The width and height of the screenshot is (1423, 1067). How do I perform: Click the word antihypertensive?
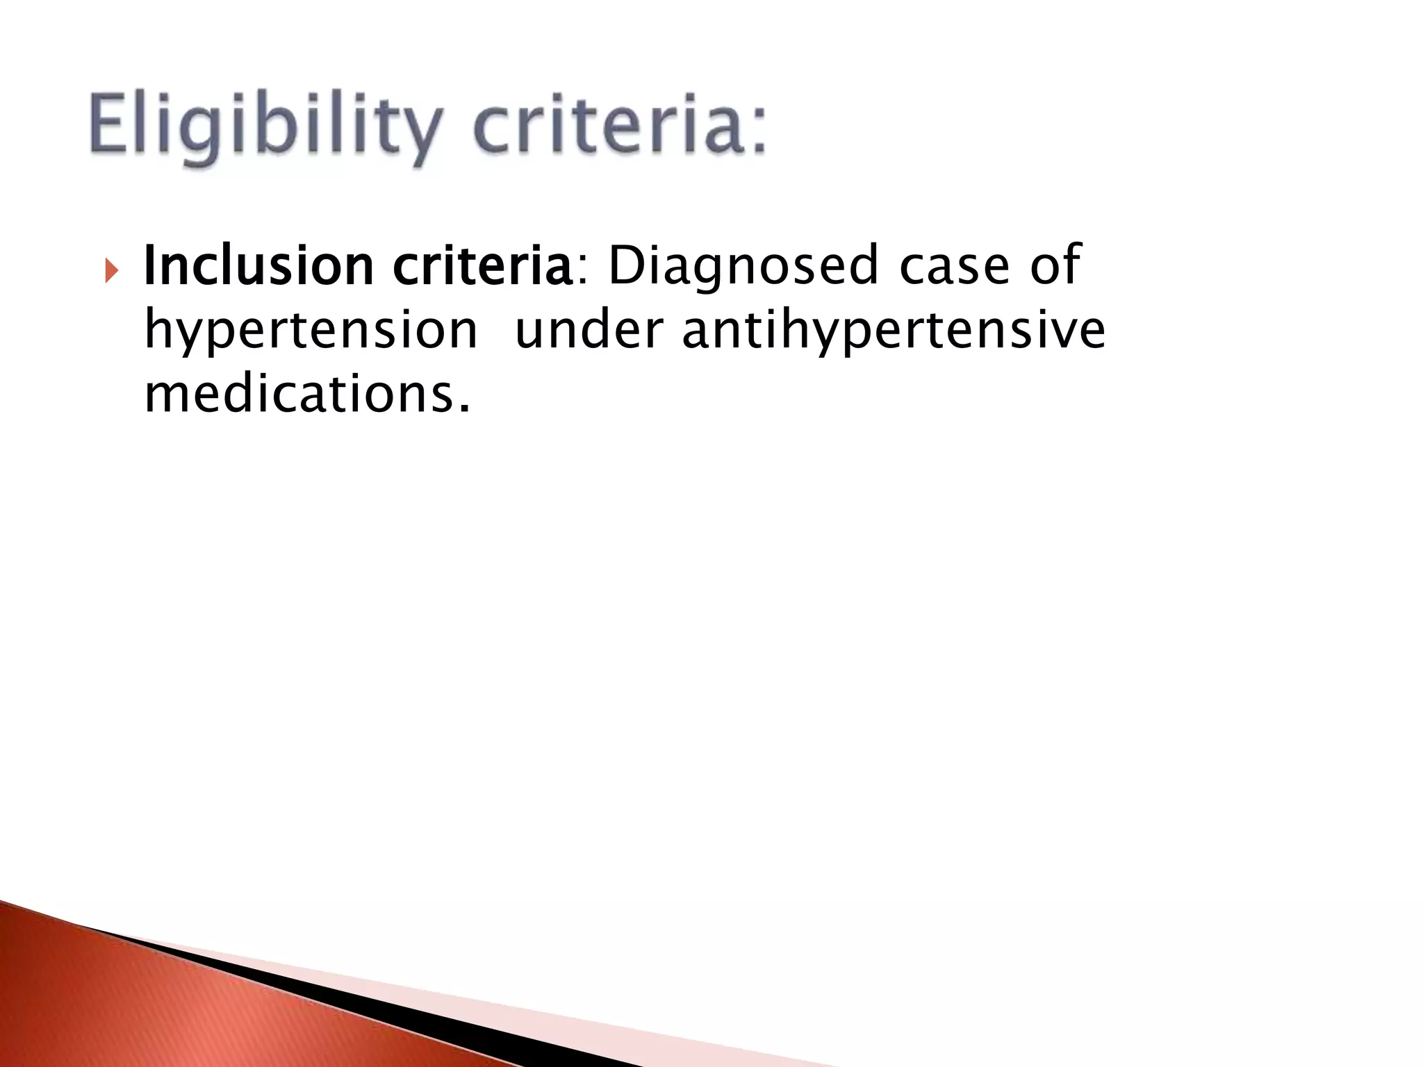pos(893,331)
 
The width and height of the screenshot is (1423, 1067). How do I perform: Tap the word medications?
pos(298,393)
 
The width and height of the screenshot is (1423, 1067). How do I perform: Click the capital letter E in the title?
pos(111,127)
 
